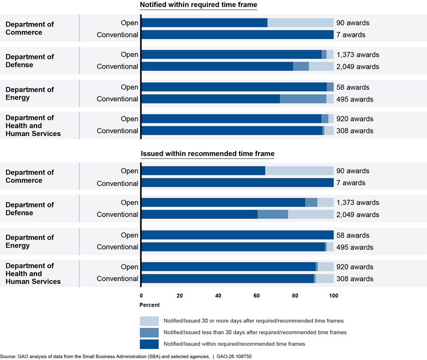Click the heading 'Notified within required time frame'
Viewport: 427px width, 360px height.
pyautogui.click(x=198, y=5)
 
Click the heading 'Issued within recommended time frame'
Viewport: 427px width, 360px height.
pyautogui.click(x=207, y=154)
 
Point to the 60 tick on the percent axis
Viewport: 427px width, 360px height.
pyautogui.click(x=257, y=296)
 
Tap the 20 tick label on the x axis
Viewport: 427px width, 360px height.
pyautogui.click(x=180, y=296)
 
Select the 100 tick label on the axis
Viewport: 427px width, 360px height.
pyautogui.click(x=334, y=296)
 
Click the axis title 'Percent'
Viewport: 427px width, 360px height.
pyautogui.click(x=149, y=305)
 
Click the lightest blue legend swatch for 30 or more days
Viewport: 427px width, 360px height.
pyautogui.click(x=149, y=321)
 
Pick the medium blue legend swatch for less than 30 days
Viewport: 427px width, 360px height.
pyautogui.click(x=149, y=332)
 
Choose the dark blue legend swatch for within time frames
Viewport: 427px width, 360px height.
pyautogui.click(x=149, y=344)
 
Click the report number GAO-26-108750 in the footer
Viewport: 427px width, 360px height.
pyautogui.click(x=234, y=357)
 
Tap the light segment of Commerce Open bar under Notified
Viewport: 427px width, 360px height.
pyautogui.click(x=300, y=23)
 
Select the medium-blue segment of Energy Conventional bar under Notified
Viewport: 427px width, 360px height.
pyautogui.click(x=303, y=99)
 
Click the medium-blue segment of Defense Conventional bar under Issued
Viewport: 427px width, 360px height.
pyautogui.click(x=273, y=214)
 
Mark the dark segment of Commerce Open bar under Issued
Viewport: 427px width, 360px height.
pyautogui.click(x=204, y=171)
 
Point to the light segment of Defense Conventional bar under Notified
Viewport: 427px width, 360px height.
pyautogui.click(x=321, y=66)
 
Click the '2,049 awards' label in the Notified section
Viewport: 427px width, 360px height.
pyautogui.click(x=358, y=67)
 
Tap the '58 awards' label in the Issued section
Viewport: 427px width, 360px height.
pyautogui.click(x=353, y=235)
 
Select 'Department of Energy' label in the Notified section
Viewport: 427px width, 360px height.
pyautogui.click(x=30, y=93)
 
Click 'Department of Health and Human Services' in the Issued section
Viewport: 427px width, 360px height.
pyautogui.click(x=33, y=273)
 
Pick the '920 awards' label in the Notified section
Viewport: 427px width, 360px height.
pyautogui.click(x=354, y=119)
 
